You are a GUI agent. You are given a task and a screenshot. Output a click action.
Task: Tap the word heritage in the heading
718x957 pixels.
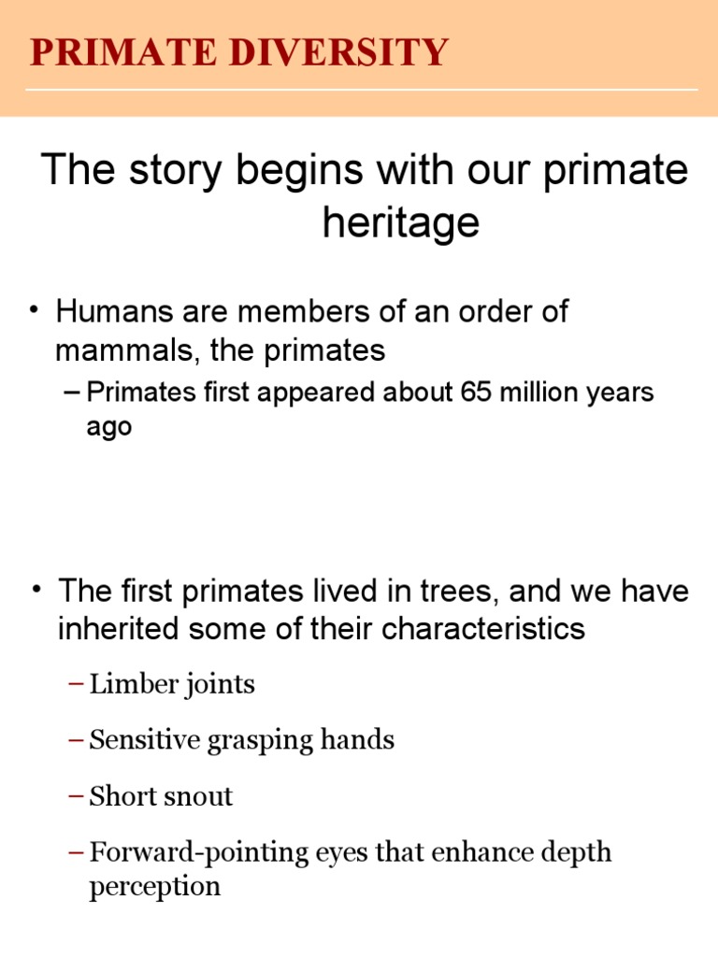pos(400,222)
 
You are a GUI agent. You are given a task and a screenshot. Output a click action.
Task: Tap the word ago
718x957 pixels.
pos(108,427)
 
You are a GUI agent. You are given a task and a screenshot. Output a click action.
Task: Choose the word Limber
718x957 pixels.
pos(124,684)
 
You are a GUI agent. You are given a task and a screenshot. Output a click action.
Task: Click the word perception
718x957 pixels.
pos(155,886)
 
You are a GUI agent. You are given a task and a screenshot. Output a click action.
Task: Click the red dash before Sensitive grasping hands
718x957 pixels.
pos(77,741)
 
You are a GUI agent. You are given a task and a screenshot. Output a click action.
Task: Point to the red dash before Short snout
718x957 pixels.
pos(77,797)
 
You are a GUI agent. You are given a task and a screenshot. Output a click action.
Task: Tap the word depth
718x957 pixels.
pos(577,853)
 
